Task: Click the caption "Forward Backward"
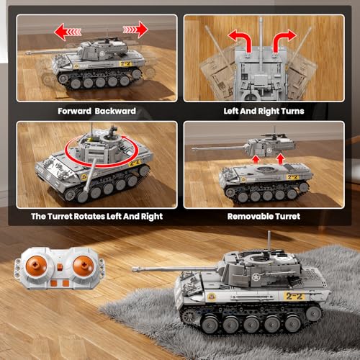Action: pyautogui.click(x=96, y=111)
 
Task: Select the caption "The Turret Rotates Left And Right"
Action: pyautogui.click(x=96, y=216)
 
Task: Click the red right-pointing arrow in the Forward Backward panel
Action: pyautogui.click(x=135, y=30)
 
